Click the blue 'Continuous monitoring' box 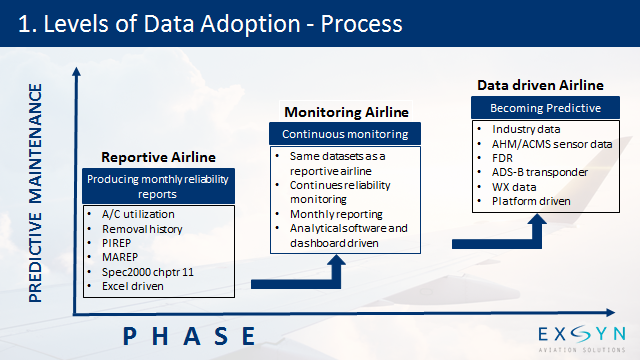click(x=345, y=133)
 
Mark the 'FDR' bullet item click(x=503, y=158)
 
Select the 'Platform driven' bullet click(x=531, y=201)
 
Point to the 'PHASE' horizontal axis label click(x=190, y=335)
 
